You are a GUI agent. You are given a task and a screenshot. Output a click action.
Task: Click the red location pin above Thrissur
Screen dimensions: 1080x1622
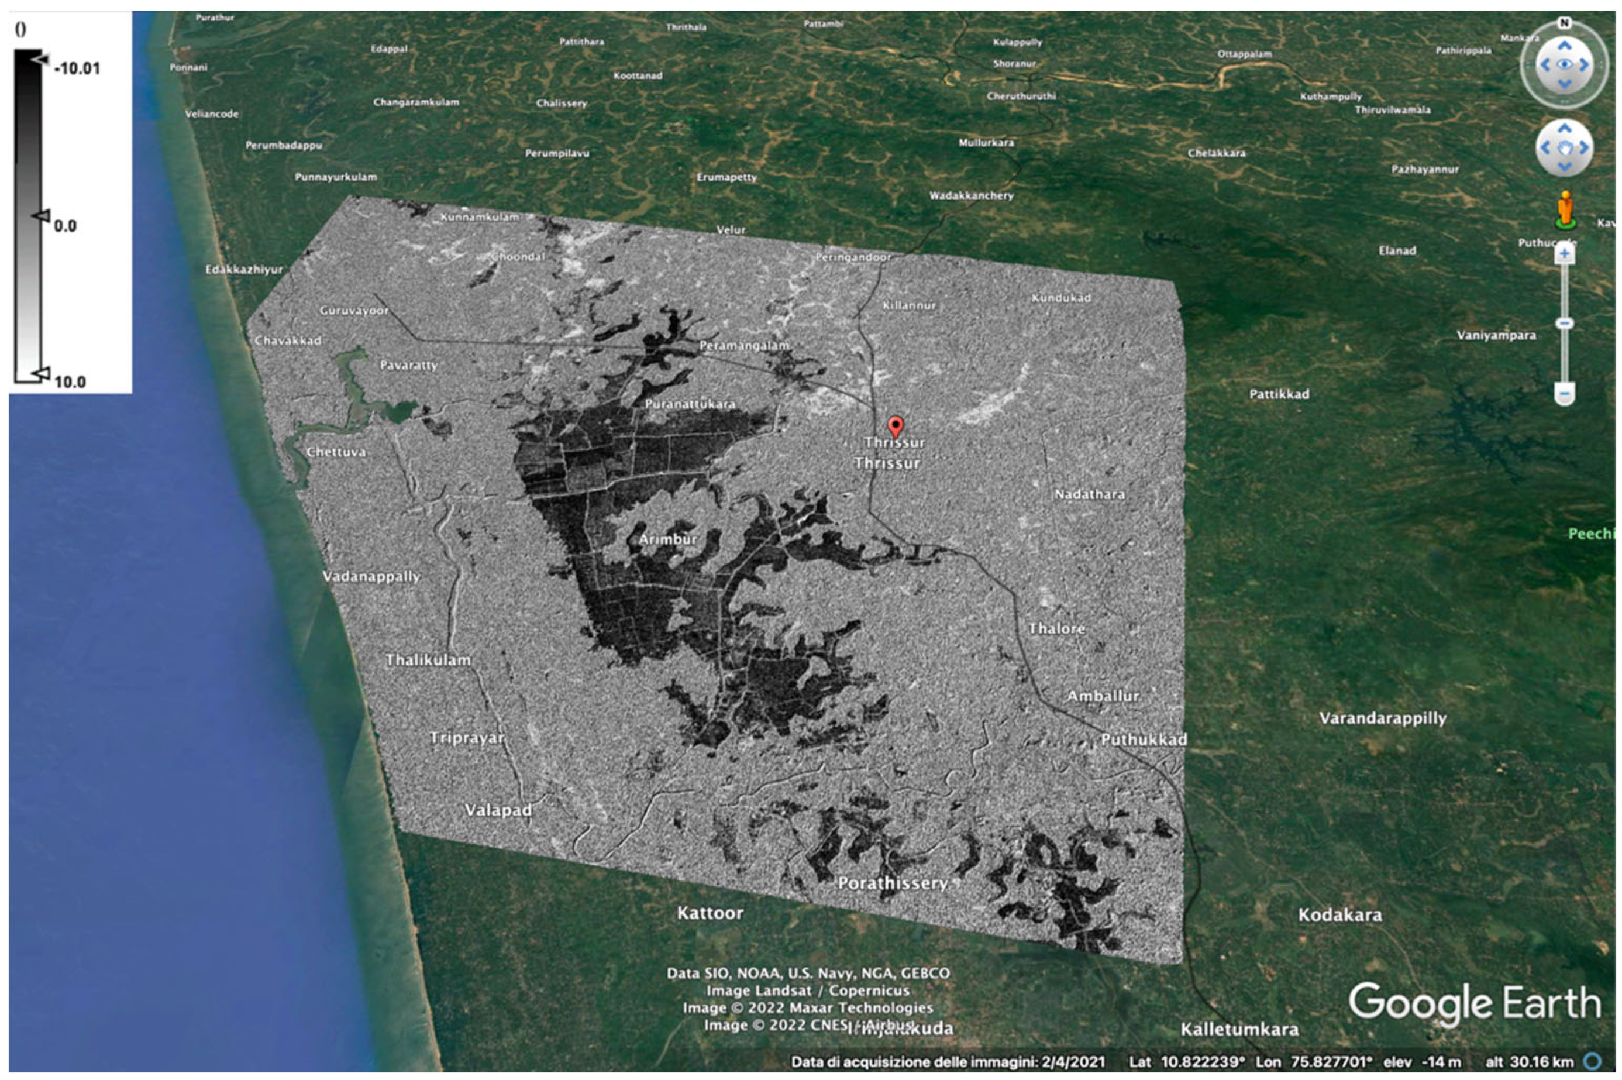coord(894,426)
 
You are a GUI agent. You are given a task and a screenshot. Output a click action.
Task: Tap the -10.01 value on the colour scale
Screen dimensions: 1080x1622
coord(77,68)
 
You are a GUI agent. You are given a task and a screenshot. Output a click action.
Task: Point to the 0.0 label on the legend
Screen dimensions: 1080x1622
coord(65,225)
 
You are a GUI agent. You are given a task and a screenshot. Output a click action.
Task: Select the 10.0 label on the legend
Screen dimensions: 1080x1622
coord(70,381)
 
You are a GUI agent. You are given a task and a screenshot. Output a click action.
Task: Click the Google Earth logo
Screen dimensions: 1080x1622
coord(1474,1002)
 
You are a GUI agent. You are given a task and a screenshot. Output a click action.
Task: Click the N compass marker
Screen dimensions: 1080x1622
coord(1564,23)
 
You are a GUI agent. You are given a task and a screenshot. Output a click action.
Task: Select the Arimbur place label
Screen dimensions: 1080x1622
coord(667,539)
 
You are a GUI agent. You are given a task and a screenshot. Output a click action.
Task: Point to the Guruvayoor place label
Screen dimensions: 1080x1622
coord(354,311)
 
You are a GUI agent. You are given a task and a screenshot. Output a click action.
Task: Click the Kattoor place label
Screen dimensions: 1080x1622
coord(710,913)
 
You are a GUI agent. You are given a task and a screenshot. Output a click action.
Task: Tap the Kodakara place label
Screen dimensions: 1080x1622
coord(1339,914)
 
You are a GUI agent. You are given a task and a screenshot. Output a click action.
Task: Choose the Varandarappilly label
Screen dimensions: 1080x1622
coord(1382,718)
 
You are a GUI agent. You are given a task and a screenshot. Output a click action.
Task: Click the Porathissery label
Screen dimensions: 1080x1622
coord(892,883)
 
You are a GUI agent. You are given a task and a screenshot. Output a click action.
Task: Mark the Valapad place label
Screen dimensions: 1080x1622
coord(498,810)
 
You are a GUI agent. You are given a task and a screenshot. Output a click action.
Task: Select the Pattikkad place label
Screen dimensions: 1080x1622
coord(1279,394)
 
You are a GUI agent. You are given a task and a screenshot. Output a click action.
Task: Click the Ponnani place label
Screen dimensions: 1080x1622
coord(188,67)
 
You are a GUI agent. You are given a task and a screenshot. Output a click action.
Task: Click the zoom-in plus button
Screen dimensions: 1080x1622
coord(1564,253)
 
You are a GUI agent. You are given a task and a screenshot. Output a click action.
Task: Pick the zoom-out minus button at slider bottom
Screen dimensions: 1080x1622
coord(1564,394)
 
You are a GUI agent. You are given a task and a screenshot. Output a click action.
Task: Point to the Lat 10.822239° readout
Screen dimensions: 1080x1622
coord(1186,1061)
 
